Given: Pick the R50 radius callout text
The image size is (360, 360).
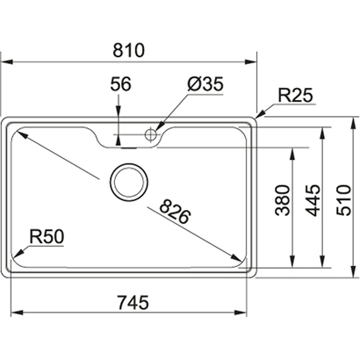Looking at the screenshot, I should (x=47, y=235).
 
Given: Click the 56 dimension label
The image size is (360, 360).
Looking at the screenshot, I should (x=122, y=84).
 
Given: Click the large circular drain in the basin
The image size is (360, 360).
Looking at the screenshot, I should (x=129, y=182).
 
